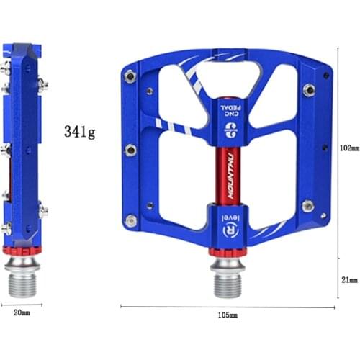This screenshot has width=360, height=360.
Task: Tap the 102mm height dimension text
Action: pyautogui.click(x=348, y=148)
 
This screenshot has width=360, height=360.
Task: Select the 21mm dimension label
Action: pyautogui.click(x=348, y=279)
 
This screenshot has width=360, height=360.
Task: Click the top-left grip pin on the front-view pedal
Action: pyautogui.click(x=130, y=76)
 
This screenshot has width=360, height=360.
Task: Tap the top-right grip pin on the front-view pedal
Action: pyautogui.click(x=309, y=90)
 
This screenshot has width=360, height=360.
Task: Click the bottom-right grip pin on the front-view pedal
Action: pyautogui.click(x=308, y=206)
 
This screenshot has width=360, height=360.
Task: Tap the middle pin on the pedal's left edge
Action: pyautogui.click(x=130, y=150)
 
